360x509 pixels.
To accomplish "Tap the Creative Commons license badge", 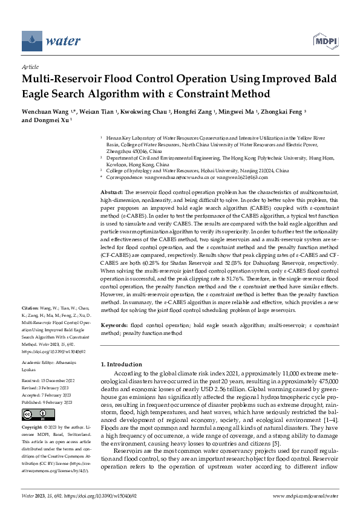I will (38, 414).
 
